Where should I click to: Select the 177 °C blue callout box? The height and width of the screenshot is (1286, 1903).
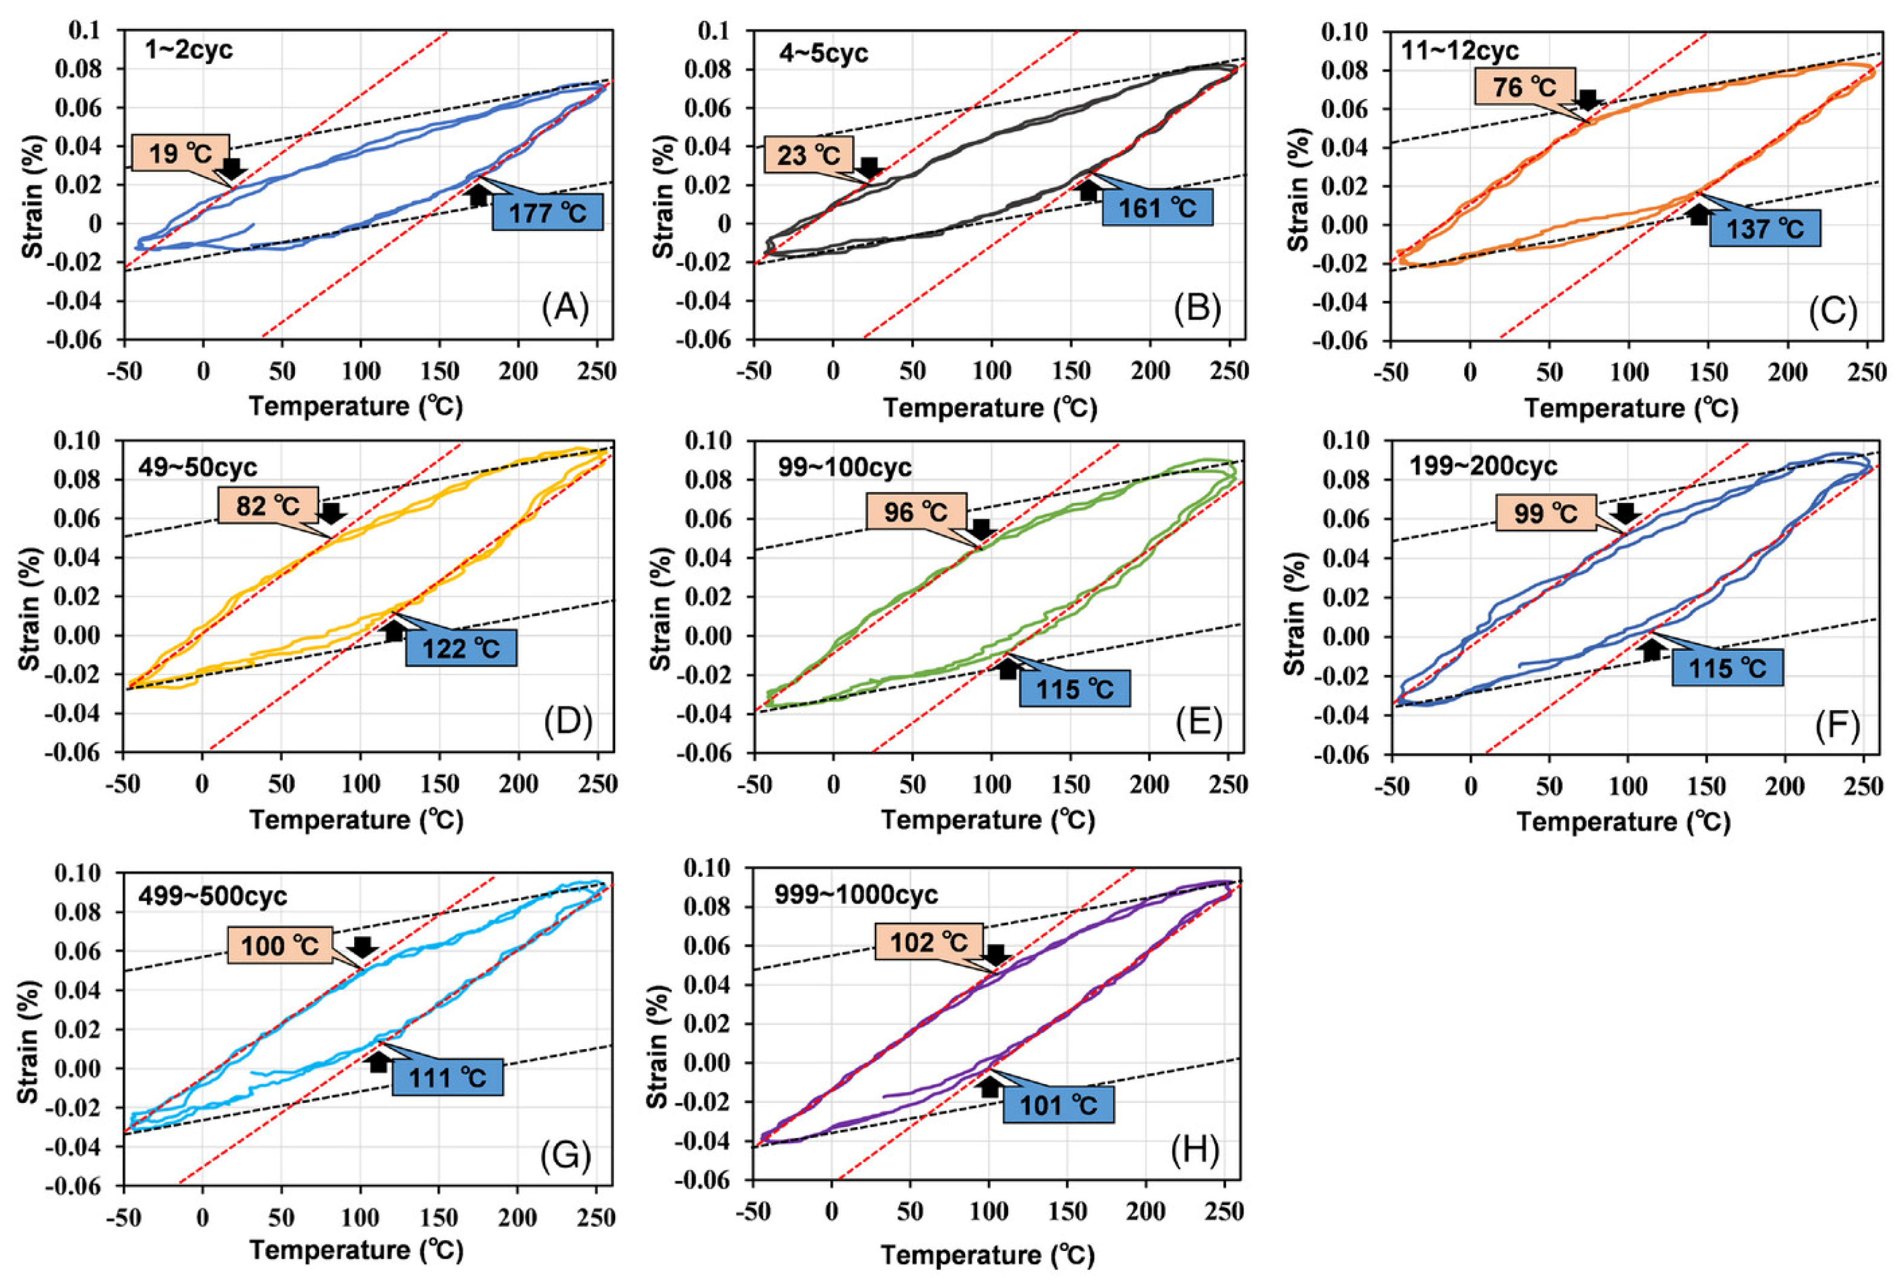tap(547, 212)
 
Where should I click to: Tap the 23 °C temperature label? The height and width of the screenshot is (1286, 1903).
tap(808, 155)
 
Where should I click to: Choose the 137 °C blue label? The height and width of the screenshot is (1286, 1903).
tap(1765, 228)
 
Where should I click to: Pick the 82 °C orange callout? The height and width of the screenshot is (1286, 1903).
tap(267, 506)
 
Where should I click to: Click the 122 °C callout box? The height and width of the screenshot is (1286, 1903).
tap(460, 648)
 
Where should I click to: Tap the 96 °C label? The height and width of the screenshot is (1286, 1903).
tap(916, 512)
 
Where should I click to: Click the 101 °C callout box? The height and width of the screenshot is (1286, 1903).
tap(1058, 1105)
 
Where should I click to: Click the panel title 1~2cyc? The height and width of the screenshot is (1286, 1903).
tap(189, 51)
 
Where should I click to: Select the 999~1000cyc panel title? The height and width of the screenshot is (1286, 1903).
tap(856, 894)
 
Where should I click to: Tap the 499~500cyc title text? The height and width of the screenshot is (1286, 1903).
tap(212, 896)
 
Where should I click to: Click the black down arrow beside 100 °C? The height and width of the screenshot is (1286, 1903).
tap(362, 947)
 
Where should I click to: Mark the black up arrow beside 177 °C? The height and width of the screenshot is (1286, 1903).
tap(479, 195)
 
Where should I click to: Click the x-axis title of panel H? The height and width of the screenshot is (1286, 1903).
tap(987, 1255)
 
